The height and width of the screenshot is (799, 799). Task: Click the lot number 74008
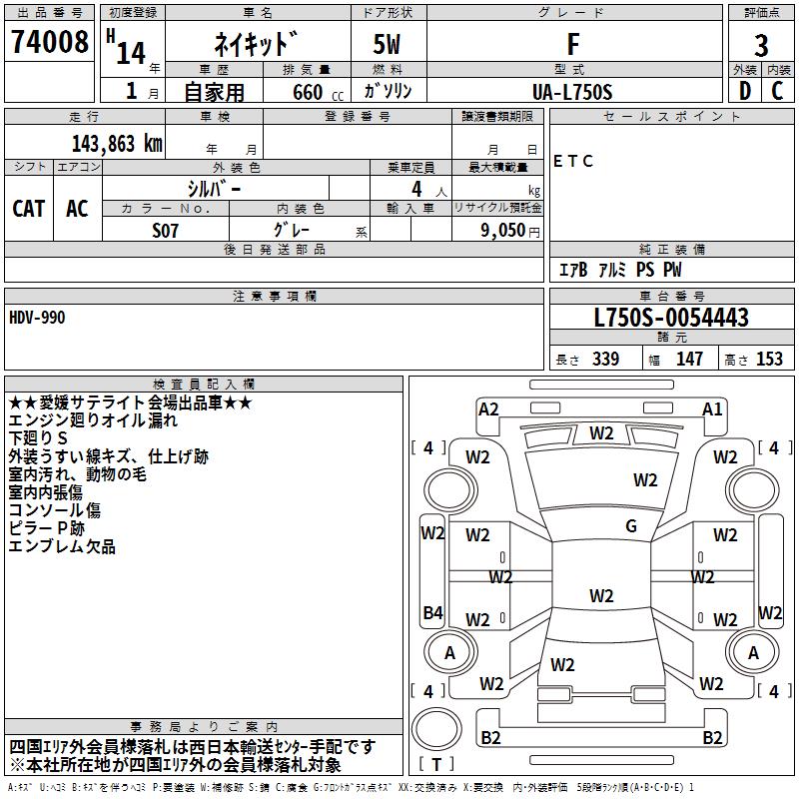pos(49,41)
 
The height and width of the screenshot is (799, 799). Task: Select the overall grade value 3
pos(761,45)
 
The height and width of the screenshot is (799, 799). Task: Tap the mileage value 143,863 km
pos(117,144)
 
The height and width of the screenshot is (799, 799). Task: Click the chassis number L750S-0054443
pos(671,317)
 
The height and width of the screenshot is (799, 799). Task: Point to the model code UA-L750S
pos(572,92)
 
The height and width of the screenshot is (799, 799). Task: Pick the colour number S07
pos(165,231)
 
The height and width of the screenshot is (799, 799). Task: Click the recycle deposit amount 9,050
pos(503,230)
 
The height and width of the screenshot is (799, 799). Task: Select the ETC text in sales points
pos(572,161)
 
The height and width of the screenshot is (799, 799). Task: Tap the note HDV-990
pos(37,318)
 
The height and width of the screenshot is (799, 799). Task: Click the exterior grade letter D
pos(745,91)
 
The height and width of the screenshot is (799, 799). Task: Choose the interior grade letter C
pos(777,91)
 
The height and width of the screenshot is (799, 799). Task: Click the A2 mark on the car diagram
pos(488,409)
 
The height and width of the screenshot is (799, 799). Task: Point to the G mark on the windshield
pos(631,526)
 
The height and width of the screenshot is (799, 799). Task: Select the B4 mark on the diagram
pos(432,612)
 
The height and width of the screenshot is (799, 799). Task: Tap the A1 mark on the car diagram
pos(712,409)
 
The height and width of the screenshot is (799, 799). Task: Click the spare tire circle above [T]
pos(436,729)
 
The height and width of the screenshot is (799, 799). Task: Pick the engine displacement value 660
pos(308,92)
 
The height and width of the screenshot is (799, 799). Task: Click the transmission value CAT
pos(29,209)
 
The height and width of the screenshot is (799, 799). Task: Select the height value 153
pos(769,359)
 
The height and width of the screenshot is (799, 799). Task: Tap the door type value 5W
pos(387,44)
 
